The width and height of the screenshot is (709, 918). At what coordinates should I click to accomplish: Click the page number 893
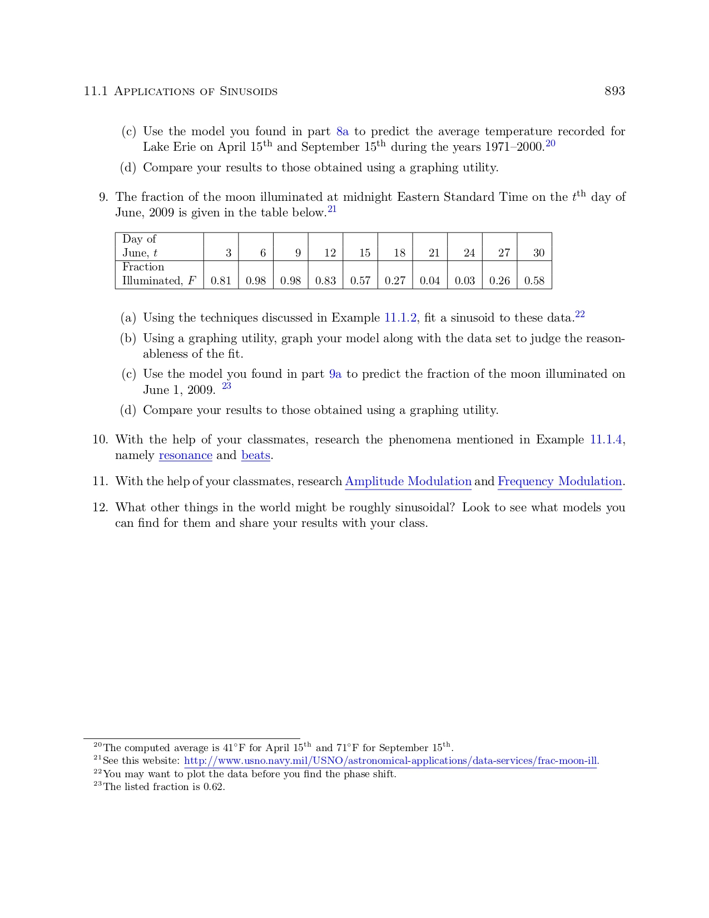click(614, 91)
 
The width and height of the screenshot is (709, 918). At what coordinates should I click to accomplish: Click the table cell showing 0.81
click(221, 281)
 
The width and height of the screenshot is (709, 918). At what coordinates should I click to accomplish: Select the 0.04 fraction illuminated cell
click(430, 281)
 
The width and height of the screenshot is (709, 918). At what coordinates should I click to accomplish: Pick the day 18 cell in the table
click(399, 253)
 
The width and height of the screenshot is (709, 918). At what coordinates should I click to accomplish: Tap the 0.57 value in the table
click(360, 281)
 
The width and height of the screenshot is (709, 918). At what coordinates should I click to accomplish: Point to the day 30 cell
click(538, 253)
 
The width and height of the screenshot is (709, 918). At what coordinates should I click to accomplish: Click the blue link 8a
click(343, 132)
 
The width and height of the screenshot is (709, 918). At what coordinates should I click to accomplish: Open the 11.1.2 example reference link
click(400, 318)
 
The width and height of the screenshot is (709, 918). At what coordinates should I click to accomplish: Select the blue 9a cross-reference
click(335, 374)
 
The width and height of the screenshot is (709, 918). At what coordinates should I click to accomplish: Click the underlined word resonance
click(186, 456)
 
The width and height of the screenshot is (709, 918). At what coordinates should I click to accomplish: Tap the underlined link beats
click(256, 456)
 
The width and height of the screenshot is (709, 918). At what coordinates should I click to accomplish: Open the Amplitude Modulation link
click(408, 482)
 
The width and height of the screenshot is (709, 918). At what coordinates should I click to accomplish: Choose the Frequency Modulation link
click(559, 482)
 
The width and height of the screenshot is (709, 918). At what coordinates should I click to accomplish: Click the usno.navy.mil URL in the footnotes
click(390, 761)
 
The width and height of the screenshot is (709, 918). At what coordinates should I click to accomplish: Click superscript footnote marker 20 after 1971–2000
click(551, 144)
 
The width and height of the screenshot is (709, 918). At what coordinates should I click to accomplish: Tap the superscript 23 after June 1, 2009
click(226, 386)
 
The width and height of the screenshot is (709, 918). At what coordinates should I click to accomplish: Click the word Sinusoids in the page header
click(249, 92)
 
